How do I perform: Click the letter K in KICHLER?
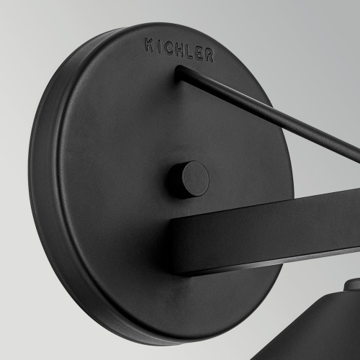tap(149, 45)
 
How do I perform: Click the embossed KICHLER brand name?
tap(179, 50)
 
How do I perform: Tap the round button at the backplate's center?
tap(189, 179)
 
